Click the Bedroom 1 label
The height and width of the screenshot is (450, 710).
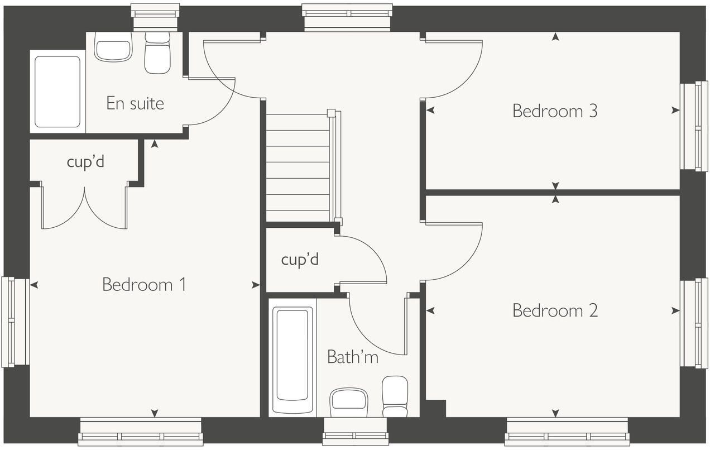click(144, 285)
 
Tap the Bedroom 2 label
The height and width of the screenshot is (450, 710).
click(555, 310)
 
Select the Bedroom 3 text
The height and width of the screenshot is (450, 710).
click(555, 111)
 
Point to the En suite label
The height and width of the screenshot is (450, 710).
click(135, 103)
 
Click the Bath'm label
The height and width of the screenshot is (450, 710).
click(353, 357)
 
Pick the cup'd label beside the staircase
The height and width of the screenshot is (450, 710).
click(300, 260)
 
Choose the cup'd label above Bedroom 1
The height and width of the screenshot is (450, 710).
click(85, 162)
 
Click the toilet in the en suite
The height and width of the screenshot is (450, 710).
click(157, 52)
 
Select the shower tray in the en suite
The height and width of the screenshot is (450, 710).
click(57, 92)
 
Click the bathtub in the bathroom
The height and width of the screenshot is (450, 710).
click(292, 357)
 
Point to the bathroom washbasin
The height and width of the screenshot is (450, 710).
click(349, 402)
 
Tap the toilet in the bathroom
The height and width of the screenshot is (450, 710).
click(395, 396)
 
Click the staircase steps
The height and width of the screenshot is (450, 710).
click(298, 167)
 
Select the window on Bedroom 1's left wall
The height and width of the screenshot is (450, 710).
click(16, 322)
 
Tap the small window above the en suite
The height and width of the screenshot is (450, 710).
click(155, 17)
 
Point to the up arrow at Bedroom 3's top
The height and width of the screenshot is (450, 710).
click(555, 37)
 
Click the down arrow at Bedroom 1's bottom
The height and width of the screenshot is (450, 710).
click(155, 413)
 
